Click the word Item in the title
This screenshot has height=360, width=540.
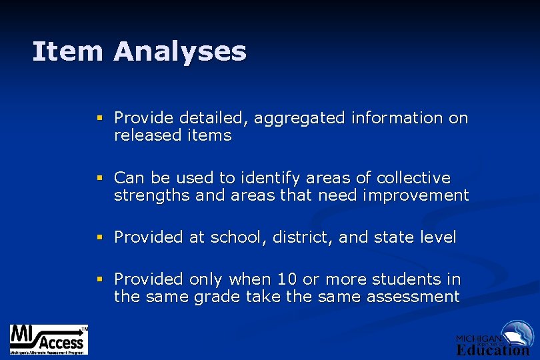[x=67, y=51]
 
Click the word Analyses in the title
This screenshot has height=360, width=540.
[x=180, y=52]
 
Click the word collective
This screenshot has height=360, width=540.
[x=413, y=178]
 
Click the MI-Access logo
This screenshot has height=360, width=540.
[x=49, y=339]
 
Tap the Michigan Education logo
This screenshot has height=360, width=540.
[x=494, y=338]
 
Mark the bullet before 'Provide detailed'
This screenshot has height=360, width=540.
[x=100, y=119]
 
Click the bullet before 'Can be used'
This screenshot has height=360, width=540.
[x=100, y=179]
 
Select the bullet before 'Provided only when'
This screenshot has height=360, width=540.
[x=100, y=280]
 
